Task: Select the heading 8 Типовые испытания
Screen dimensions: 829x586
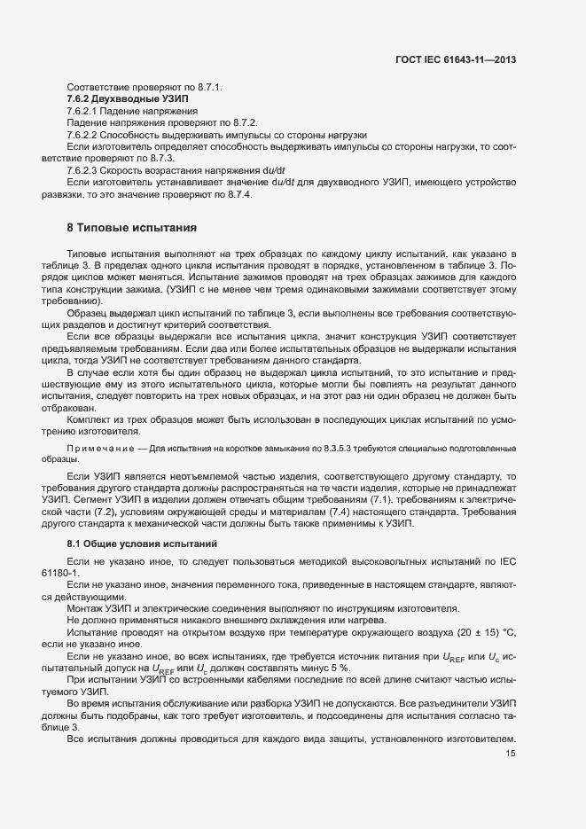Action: coord(125,228)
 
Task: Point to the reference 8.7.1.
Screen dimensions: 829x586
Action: coord(206,87)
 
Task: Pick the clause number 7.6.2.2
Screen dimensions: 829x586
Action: coord(85,133)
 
